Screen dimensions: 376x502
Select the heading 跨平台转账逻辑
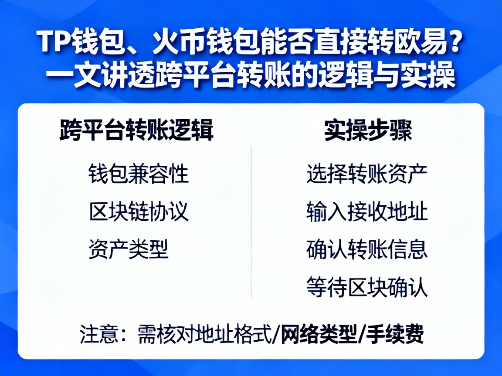136,130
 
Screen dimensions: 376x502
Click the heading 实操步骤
368,130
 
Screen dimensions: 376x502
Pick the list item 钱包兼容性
139,174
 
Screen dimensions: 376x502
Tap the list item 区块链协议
139,212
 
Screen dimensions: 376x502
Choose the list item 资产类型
129,249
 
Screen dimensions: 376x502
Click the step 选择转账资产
366,174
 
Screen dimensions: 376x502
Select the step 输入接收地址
366,212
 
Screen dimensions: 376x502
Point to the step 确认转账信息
366,249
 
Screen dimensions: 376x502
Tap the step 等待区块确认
366,287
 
